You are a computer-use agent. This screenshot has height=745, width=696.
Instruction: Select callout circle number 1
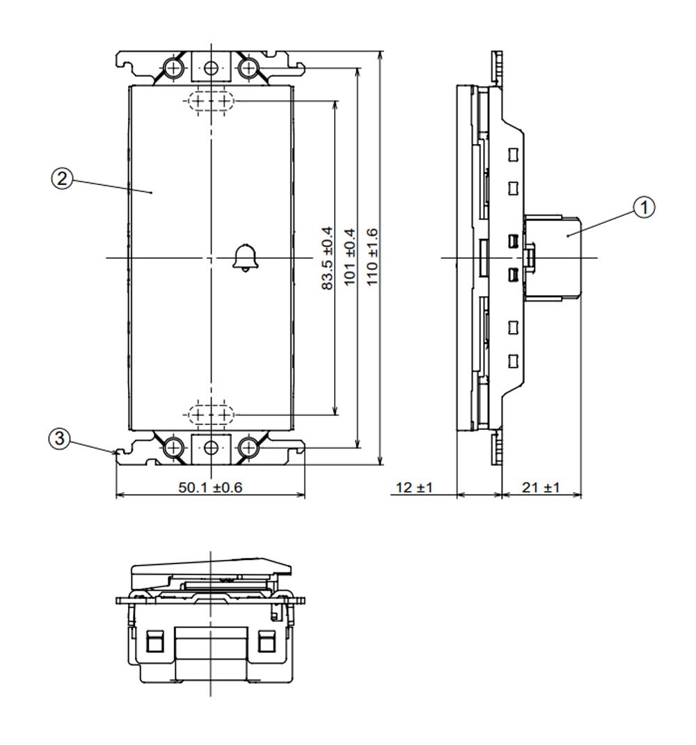pos(644,207)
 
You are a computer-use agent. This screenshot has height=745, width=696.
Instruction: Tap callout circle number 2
pos(62,179)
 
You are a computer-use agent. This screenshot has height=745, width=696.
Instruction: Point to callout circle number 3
pos(59,438)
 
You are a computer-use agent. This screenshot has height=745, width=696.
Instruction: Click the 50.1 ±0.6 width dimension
pos(210,488)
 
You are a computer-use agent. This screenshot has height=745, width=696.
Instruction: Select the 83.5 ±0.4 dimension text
pos(328,258)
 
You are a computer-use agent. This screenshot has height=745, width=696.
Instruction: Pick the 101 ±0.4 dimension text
pos(350,257)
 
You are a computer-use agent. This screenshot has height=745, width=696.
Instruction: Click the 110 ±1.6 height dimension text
pos(372,257)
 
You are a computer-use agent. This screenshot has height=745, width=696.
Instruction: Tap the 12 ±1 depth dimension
pos(415,488)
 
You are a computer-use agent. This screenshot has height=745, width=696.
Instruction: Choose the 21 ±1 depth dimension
pos(541,488)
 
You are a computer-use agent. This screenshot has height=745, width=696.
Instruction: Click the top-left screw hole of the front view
pos(174,68)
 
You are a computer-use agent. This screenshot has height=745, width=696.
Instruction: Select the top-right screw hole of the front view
pos(247,68)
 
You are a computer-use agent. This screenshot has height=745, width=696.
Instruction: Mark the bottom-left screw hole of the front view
pos(174,447)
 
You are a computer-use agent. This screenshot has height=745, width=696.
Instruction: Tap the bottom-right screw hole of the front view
pos(247,447)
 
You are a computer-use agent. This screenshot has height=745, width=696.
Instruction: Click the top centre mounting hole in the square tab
pos(211,68)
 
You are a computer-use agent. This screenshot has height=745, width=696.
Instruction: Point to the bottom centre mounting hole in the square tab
pos(211,447)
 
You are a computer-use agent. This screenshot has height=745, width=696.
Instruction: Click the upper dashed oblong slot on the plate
pos(211,101)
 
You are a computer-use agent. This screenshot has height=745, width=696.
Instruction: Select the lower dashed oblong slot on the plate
pos(211,415)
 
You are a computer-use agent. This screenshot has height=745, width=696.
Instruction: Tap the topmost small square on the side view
pos(512,155)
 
